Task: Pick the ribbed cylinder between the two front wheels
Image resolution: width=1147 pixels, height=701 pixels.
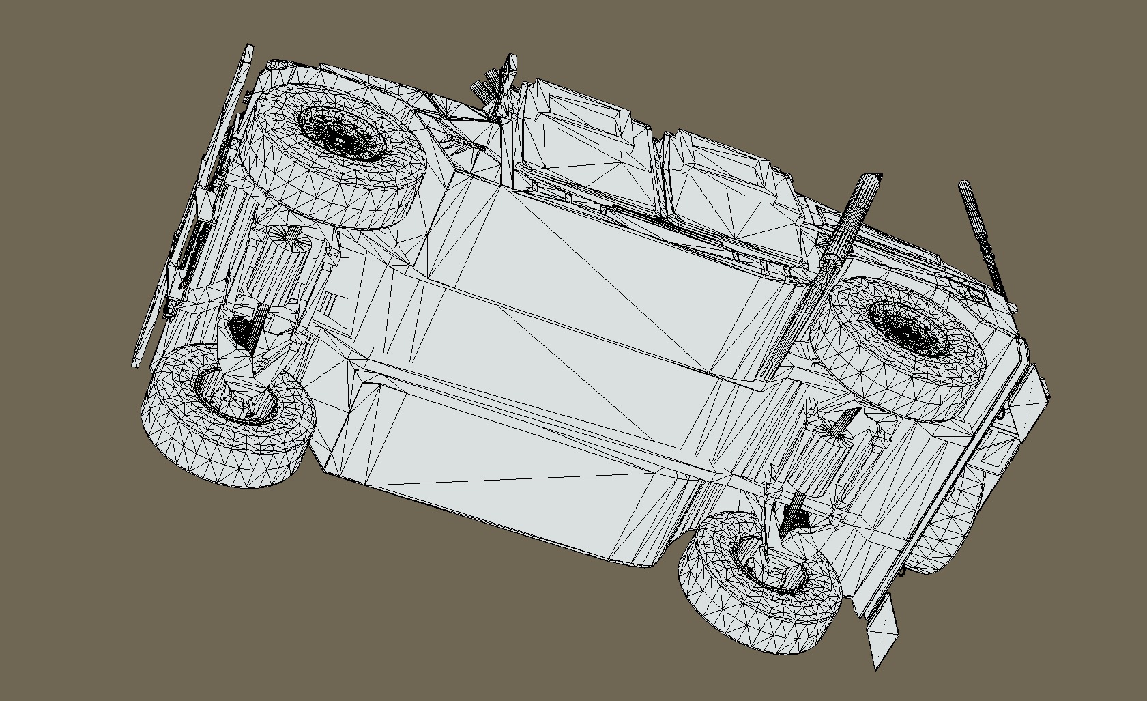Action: [x=273, y=273]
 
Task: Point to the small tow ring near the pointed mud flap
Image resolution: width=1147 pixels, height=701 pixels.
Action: [x=902, y=571]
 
